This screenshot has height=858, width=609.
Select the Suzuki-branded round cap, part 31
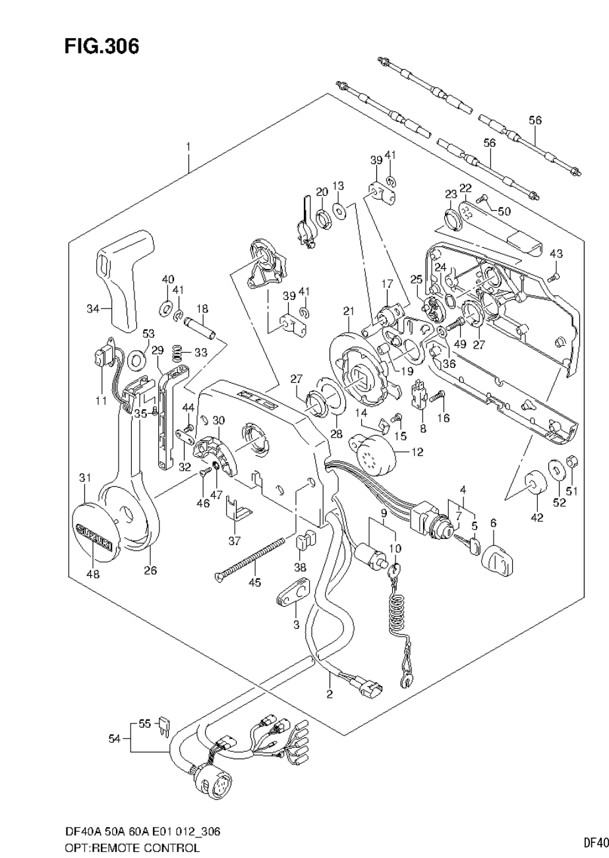pos(94,531)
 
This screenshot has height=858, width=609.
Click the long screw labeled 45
pos(250,559)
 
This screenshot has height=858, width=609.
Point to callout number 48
pos(93,574)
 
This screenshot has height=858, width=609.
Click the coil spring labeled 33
pos(177,354)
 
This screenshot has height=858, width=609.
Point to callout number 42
pos(537,517)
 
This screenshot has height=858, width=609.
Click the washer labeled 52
pos(558,469)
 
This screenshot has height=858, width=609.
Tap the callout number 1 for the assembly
pos(188,146)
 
